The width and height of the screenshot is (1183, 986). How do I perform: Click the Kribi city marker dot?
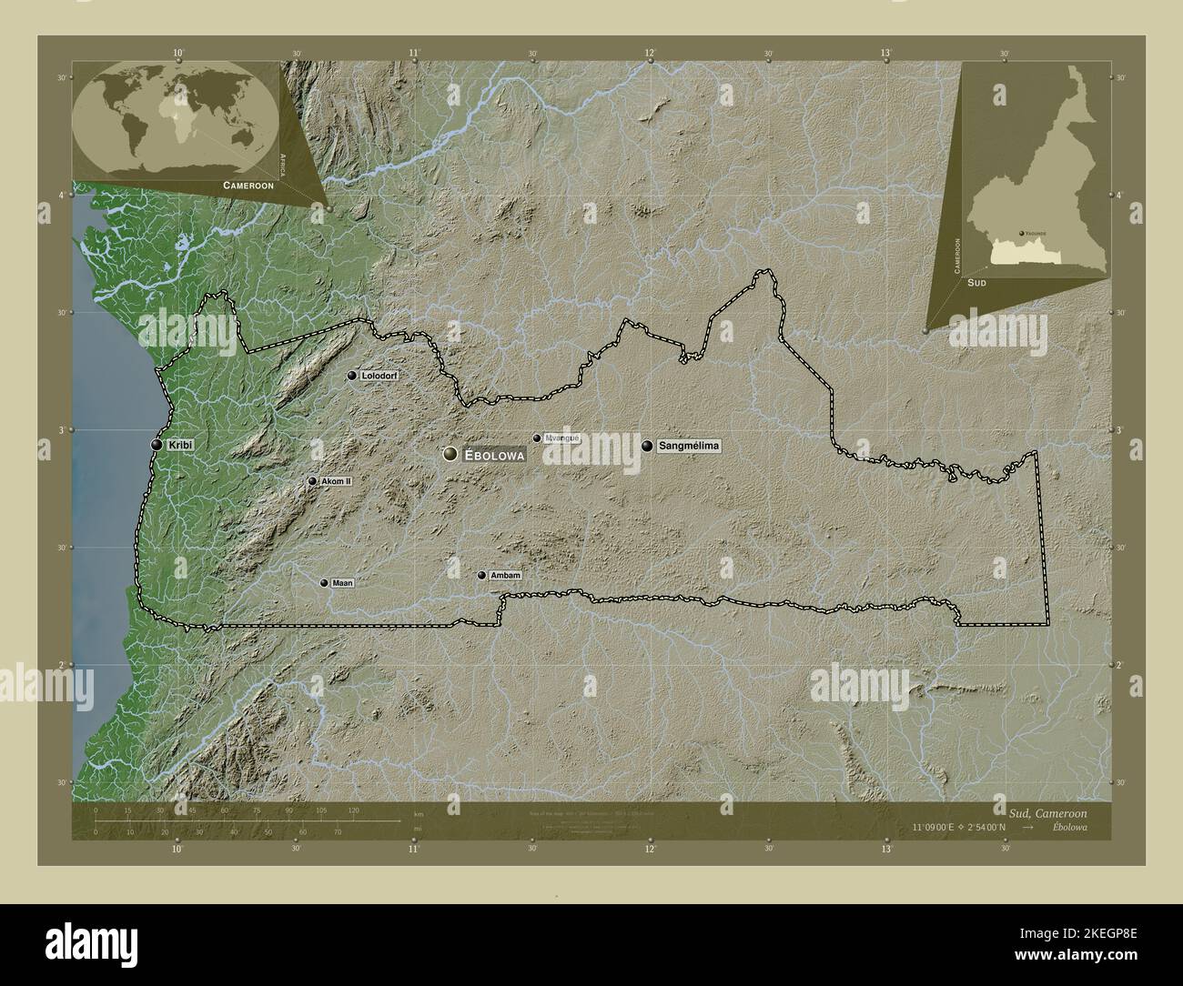pos(157,445)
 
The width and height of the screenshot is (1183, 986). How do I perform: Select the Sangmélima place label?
pos(689,446)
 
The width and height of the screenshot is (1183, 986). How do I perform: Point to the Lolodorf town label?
pos(380,376)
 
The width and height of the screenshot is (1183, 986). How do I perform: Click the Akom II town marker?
pos(312,481)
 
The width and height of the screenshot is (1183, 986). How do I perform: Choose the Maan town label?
pos(343,583)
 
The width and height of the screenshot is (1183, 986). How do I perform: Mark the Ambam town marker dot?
pos(481,575)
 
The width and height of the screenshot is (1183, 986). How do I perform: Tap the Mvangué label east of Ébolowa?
pos(561,438)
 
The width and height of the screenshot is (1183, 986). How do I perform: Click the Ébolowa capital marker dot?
pos(450,454)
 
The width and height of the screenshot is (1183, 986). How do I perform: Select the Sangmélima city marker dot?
pos(647,446)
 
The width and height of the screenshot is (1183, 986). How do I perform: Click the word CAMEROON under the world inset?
pos(248,185)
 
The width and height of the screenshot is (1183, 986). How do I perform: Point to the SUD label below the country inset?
pos(977,283)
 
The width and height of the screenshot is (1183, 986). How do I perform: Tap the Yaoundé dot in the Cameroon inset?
pos(1021,233)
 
